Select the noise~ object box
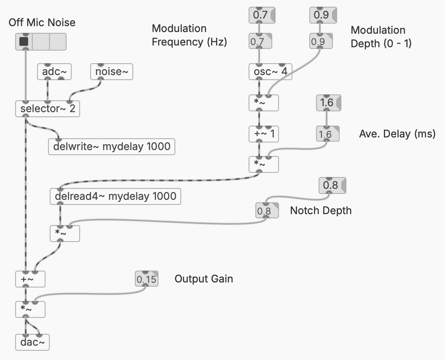click(x=112, y=72)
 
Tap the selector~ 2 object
click(x=47, y=109)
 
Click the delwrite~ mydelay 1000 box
click(x=112, y=147)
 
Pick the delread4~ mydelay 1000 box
click(x=115, y=196)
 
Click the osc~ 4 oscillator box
click(x=270, y=71)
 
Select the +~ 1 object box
click(x=264, y=134)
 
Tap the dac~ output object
click(x=32, y=342)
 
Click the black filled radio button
click(x=24, y=42)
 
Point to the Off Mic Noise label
click(x=42, y=22)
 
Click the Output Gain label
click(x=204, y=279)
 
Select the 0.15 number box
click(x=147, y=279)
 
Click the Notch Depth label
click(x=321, y=210)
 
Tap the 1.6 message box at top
click(x=327, y=103)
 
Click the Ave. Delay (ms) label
click(x=397, y=134)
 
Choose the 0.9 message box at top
click(x=322, y=16)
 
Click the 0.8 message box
click(x=331, y=185)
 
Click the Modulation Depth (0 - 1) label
click(x=381, y=37)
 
